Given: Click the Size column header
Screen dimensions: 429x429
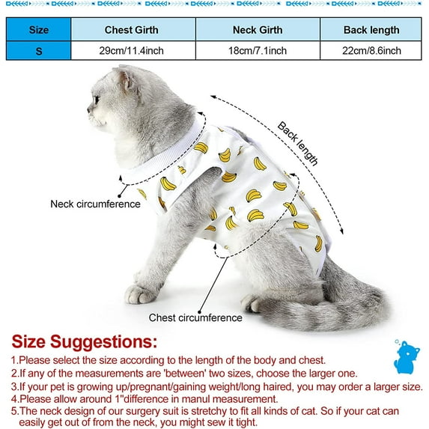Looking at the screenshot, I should click(39, 30).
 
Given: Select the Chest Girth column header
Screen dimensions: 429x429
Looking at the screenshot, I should click(133, 30).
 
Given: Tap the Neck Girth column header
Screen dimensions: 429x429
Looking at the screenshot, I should click(258, 30).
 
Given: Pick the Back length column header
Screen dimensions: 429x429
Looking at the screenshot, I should click(372, 30).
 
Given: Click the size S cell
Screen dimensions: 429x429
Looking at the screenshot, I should click(39, 51).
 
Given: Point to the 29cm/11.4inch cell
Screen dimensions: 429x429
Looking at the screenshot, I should click(133, 51).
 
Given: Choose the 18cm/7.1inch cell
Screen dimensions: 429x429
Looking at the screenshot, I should click(258, 51).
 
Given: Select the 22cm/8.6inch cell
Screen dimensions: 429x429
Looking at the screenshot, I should click(372, 51).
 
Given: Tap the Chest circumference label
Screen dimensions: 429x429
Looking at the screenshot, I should click(195, 317).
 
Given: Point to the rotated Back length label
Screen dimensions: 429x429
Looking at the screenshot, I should click(299, 143).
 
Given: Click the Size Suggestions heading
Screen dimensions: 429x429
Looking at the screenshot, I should click(84, 342).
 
